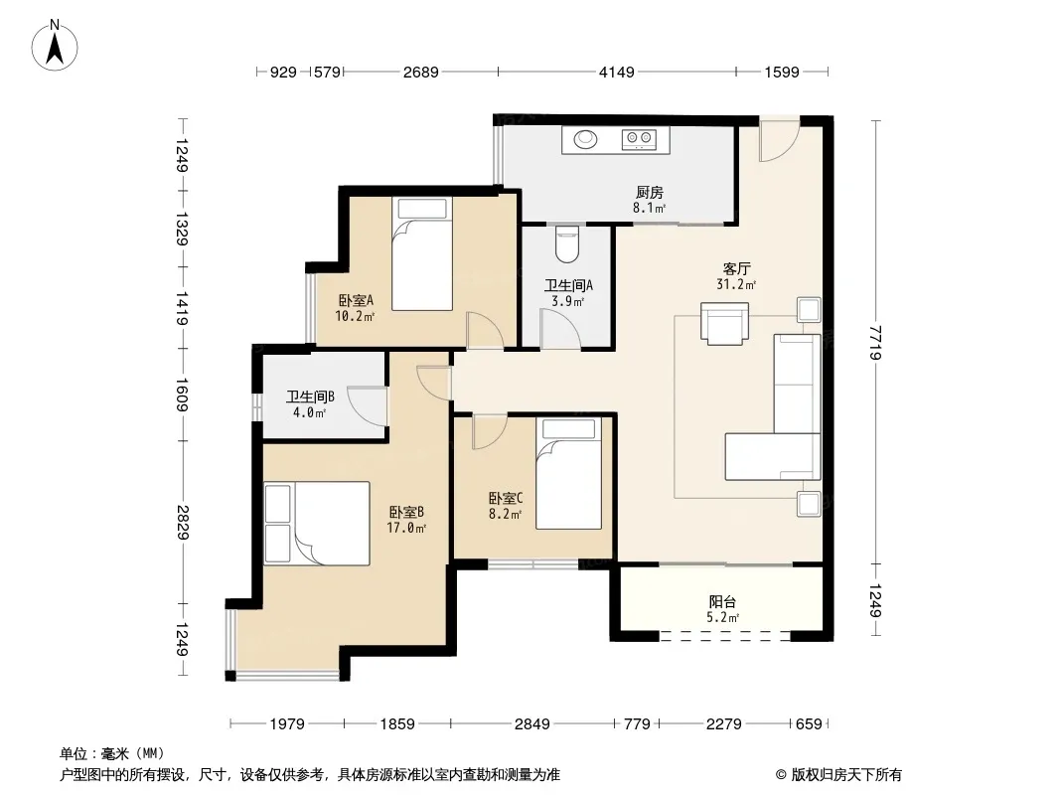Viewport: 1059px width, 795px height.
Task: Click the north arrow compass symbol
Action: click(55, 46)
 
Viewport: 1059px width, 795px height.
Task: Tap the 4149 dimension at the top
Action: click(617, 72)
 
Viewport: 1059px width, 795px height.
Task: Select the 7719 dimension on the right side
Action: click(875, 343)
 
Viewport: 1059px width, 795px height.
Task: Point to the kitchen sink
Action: click(585, 139)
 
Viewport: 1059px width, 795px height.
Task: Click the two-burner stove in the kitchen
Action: click(639, 139)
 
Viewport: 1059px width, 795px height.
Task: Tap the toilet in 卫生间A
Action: click(566, 243)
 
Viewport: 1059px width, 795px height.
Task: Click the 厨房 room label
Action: click(649, 193)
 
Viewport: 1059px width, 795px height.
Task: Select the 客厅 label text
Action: click(736, 269)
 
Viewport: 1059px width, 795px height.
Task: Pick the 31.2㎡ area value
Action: click(736, 285)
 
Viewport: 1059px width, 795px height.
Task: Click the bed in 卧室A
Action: click(422, 254)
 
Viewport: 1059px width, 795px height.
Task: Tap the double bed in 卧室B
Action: click(317, 523)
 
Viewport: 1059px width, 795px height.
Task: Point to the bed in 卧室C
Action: click(568, 473)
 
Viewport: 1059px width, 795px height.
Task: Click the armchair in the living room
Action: click(724, 324)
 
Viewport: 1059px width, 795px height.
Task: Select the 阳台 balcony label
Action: click(722, 602)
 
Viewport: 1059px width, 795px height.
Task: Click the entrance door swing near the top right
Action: click(780, 140)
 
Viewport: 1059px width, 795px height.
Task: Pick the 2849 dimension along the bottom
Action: click(532, 724)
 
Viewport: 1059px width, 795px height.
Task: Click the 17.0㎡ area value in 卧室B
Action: click(406, 529)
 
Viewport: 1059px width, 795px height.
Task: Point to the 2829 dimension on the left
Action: click(181, 522)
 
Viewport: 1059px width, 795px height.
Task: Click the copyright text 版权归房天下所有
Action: click(846, 775)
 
